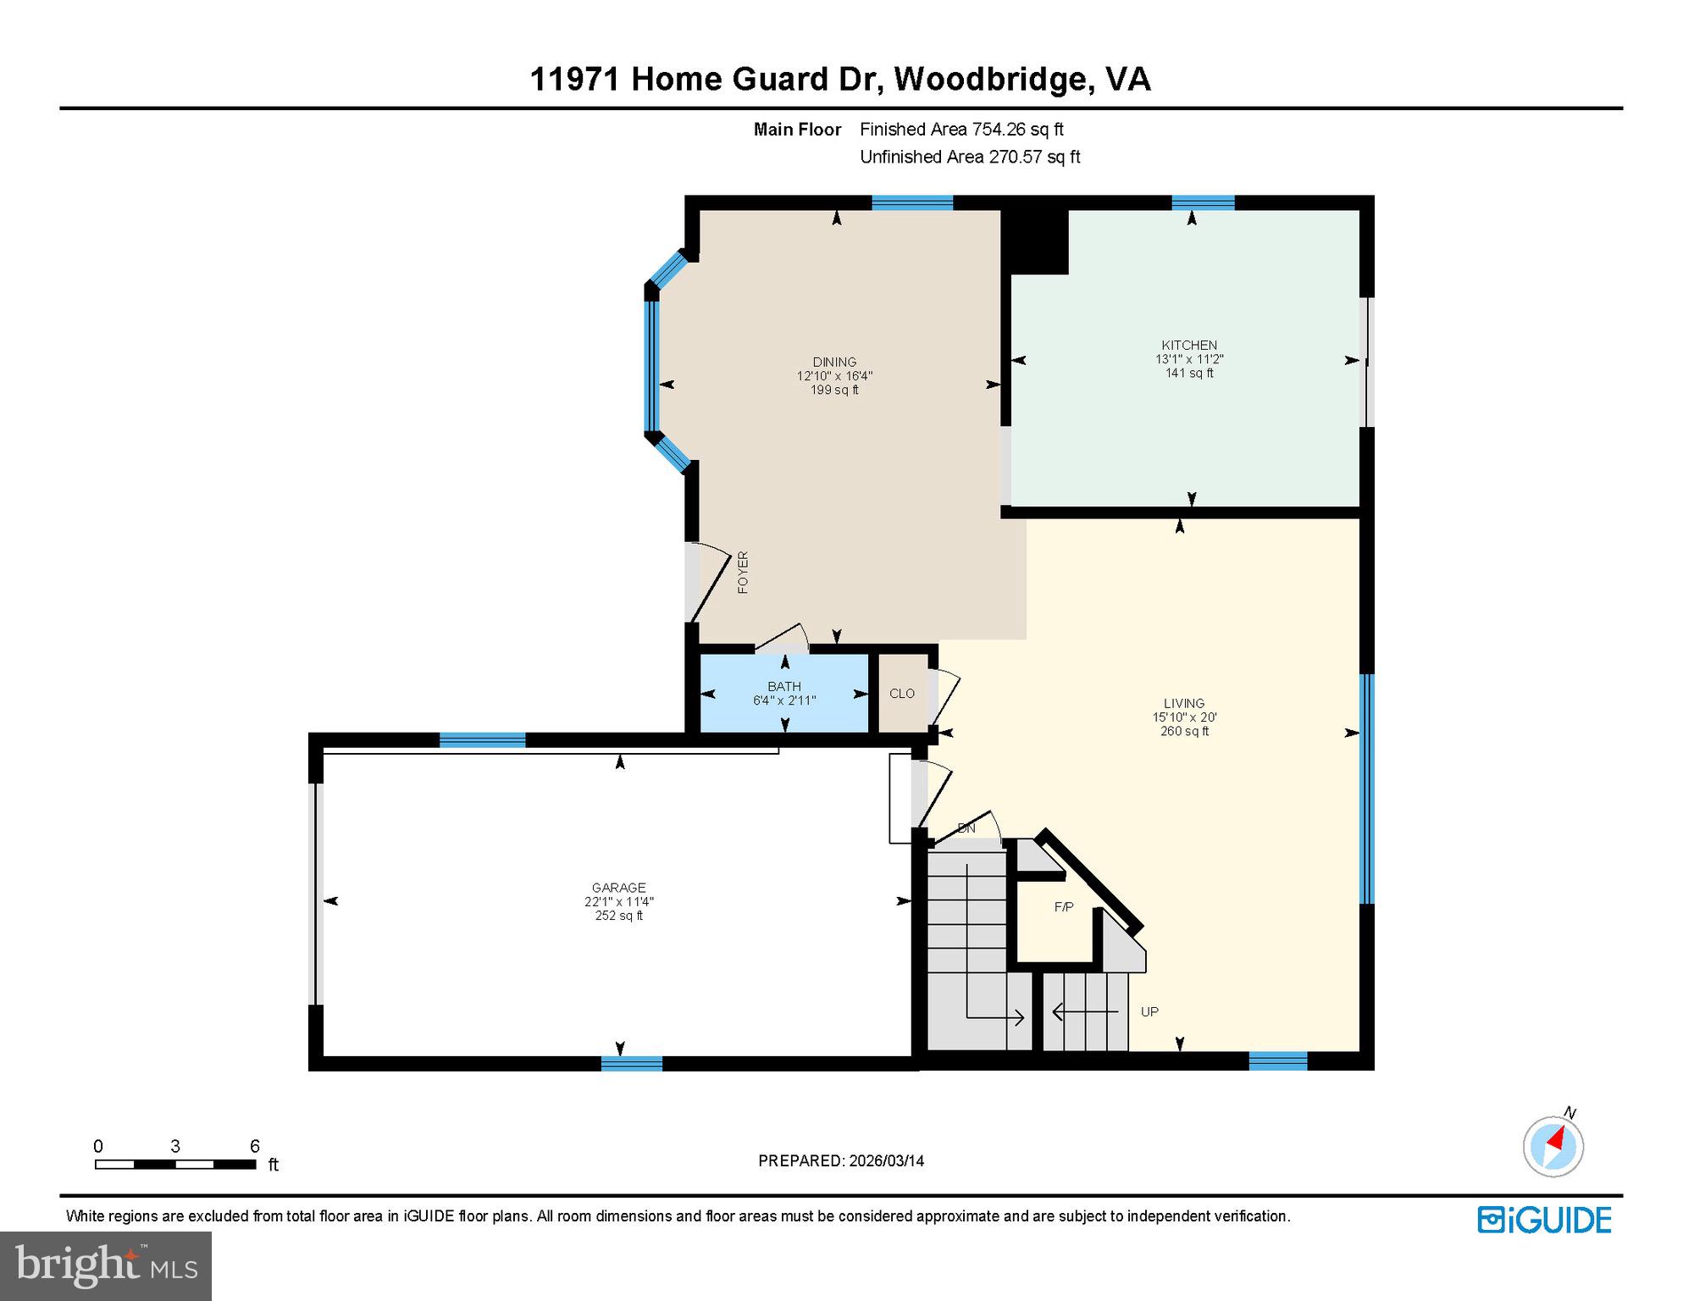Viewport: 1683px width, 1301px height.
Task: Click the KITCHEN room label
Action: tap(1189, 345)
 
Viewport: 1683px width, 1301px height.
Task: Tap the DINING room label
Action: tap(834, 362)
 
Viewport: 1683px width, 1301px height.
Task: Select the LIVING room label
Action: tap(1184, 703)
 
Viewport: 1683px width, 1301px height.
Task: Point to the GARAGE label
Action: tap(619, 888)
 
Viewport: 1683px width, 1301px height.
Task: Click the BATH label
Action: tap(784, 686)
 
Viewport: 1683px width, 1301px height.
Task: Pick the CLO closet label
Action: tap(902, 693)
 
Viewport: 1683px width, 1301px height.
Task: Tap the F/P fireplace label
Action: tap(1064, 907)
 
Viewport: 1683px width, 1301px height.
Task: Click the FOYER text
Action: tap(743, 572)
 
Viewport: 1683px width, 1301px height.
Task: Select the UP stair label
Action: tap(1149, 1011)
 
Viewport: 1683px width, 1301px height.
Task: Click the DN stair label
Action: tap(966, 828)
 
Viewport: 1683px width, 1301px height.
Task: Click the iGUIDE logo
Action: tap(1545, 1220)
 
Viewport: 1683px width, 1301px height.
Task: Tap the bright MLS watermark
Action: tap(106, 1264)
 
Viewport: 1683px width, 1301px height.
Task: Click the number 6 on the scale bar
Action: tap(254, 1146)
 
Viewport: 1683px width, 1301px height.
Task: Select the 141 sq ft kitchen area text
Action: tap(1189, 373)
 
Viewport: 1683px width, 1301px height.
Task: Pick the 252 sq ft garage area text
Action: tap(619, 916)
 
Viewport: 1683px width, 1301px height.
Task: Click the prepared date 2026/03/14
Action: tap(885, 1160)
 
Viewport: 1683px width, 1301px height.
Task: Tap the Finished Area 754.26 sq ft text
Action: tap(961, 130)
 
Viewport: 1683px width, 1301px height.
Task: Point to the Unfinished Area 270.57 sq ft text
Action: tap(970, 157)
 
